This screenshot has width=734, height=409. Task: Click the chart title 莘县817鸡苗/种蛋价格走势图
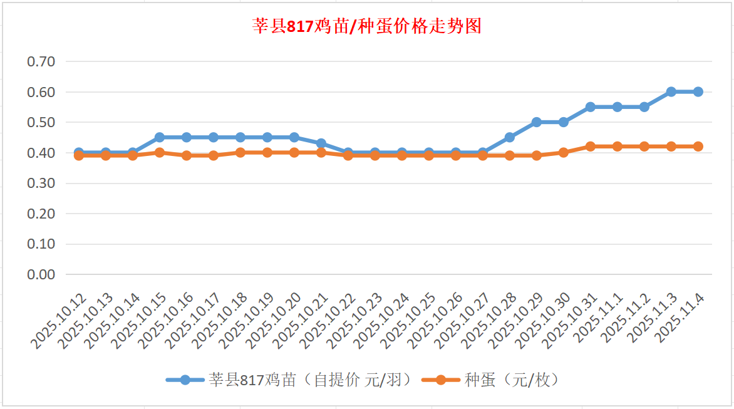pyautogui.click(x=367, y=26)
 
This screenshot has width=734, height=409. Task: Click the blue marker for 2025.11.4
pyautogui.click(x=698, y=91)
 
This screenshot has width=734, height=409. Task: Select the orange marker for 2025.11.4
pyautogui.click(x=698, y=147)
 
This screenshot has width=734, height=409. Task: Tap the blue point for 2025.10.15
pyautogui.click(x=160, y=137)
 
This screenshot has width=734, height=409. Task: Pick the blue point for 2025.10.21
pyautogui.click(x=321, y=143)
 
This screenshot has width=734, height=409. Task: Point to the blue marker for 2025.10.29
pyautogui.click(x=537, y=122)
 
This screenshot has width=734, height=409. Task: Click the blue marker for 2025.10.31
pyautogui.click(x=591, y=107)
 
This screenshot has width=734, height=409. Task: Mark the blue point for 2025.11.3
pyautogui.click(x=671, y=91)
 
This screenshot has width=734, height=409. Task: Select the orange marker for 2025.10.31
pyautogui.click(x=591, y=147)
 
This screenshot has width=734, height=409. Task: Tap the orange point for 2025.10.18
pyautogui.click(x=240, y=152)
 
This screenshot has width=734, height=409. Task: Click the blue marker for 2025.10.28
pyautogui.click(x=510, y=137)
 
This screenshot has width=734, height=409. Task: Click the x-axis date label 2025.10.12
pyautogui.click(x=58, y=320)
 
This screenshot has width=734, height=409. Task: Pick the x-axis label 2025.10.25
pyautogui.click(x=408, y=320)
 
